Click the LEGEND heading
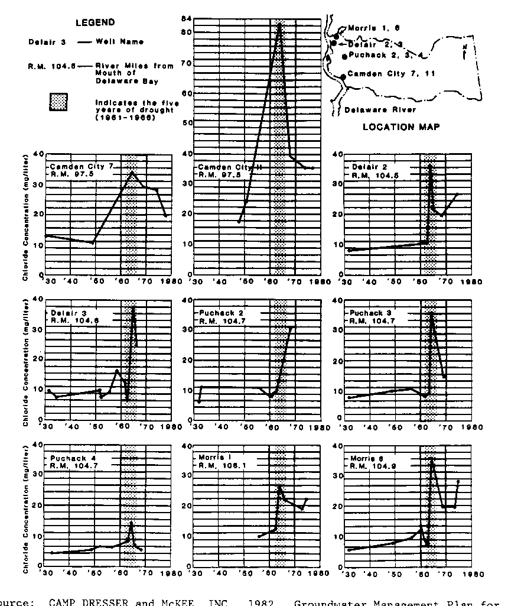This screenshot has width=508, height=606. point(95,23)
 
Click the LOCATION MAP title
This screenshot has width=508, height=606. point(401,127)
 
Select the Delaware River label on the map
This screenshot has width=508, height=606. point(380,109)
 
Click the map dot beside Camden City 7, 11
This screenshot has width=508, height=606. point(343,77)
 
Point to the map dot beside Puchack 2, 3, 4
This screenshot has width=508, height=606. point(344,57)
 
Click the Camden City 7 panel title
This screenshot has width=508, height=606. point(81,167)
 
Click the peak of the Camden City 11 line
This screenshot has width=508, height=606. point(279,27)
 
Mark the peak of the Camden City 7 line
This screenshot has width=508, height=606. point(133,171)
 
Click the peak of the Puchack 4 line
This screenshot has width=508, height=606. point(131,523)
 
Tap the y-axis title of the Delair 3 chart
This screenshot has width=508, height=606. point(27,359)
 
